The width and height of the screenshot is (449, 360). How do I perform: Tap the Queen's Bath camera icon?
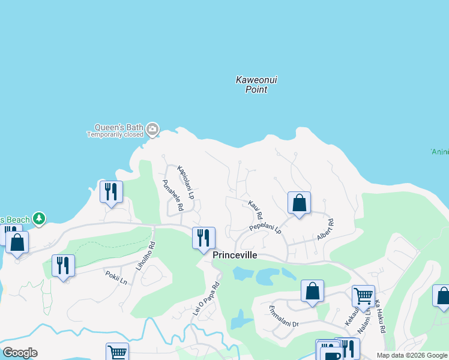click(x=152, y=128)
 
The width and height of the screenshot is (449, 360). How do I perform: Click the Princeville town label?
click(x=235, y=255)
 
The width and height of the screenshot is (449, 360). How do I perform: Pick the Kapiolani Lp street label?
click(x=186, y=182)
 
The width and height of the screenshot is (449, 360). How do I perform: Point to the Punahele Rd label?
click(x=173, y=196)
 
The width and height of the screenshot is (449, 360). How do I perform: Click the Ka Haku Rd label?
click(x=380, y=319)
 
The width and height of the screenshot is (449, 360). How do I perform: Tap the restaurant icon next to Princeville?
click(x=203, y=238)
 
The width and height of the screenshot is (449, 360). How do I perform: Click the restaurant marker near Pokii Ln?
click(x=63, y=265)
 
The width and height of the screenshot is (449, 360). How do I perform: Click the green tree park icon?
click(x=39, y=218)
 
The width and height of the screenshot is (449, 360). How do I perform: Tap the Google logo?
click(x=20, y=353)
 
